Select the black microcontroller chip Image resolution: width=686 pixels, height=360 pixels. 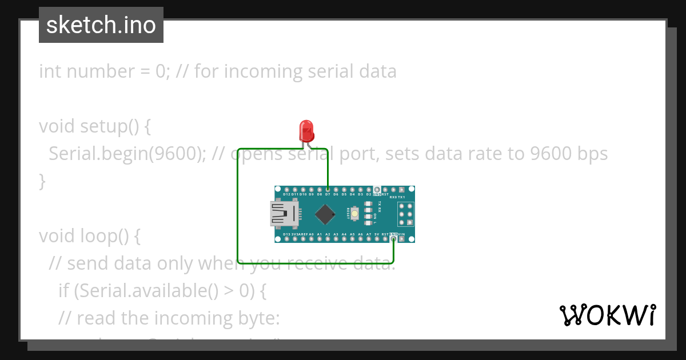click(325, 214)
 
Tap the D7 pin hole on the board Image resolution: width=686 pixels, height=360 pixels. click(328, 189)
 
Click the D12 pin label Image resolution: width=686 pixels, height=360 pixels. click(287, 194)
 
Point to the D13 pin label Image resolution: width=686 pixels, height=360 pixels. click(287, 234)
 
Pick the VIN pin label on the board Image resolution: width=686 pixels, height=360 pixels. click(401, 234)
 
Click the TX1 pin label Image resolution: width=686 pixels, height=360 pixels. click(401, 197)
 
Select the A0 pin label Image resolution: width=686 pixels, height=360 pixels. click(312, 234)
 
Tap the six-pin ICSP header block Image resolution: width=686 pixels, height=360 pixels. click(405, 214)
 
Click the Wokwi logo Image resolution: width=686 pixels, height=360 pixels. click(607, 315)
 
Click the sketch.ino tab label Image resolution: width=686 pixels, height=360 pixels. click(101, 25)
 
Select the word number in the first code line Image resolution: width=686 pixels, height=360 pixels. click(98, 71)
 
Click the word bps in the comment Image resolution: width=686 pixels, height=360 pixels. click(591, 154)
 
